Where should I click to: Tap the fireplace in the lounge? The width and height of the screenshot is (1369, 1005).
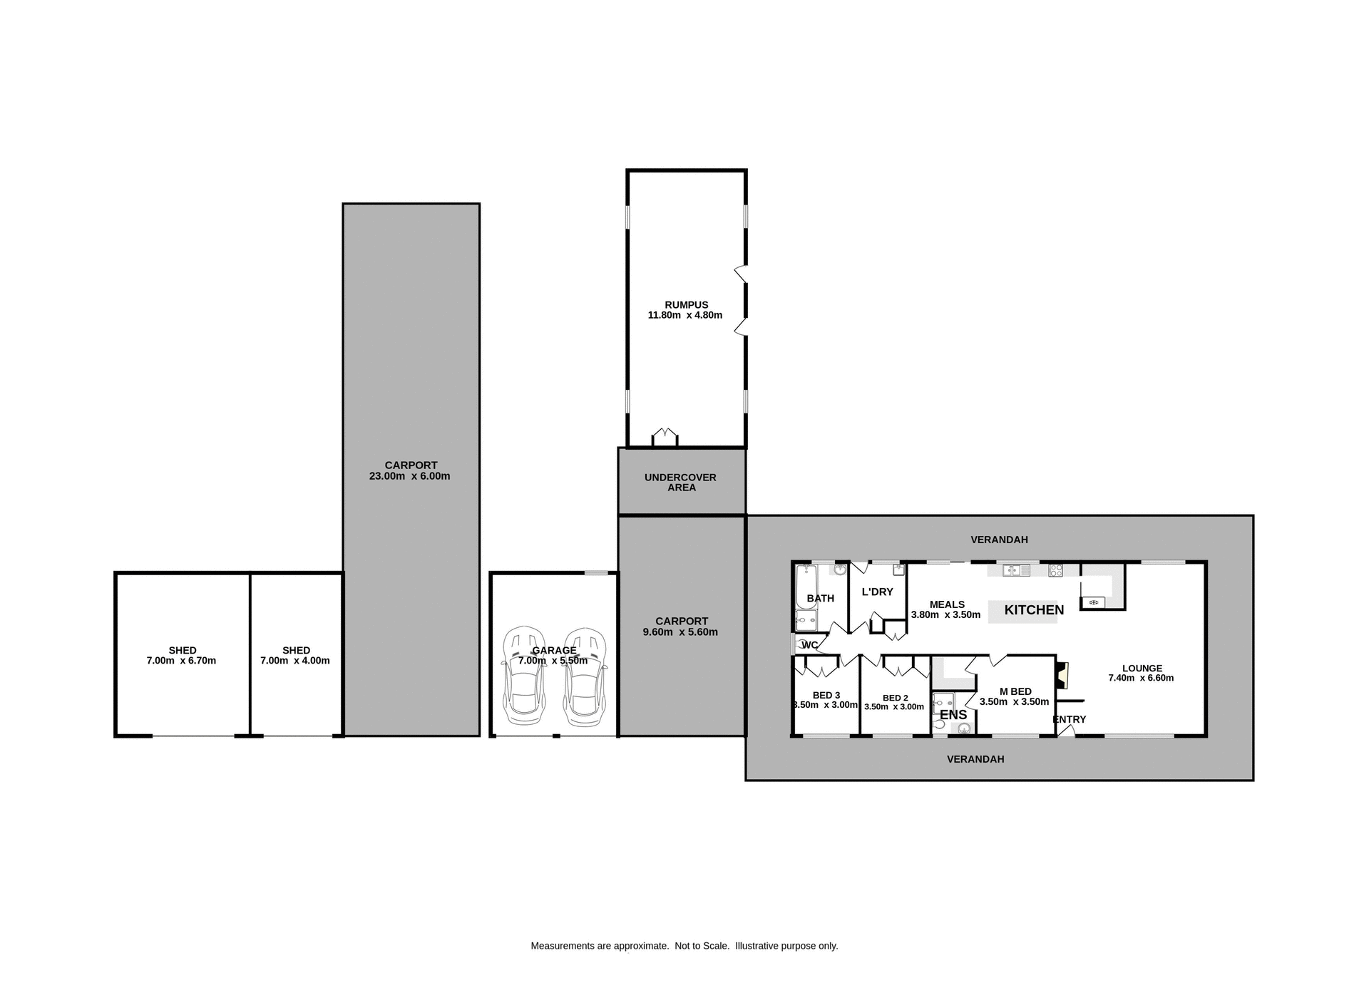(x=1063, y=674)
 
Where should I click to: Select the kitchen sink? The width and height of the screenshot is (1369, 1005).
(x=1016, y=570)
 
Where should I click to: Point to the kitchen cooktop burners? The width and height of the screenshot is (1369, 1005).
(x=1055, y=570)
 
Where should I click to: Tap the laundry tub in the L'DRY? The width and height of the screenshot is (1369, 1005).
(x=898, y=569)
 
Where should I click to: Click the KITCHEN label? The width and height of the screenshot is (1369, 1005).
(x=1034, y=610)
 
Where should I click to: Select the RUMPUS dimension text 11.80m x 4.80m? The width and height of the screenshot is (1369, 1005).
(x=684, y=315)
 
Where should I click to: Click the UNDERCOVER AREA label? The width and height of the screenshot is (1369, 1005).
(x=681, y=483)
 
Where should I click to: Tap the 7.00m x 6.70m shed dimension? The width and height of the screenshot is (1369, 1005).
(x=181, y=661)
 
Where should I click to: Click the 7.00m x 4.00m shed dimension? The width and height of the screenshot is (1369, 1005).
(x=295, y=661)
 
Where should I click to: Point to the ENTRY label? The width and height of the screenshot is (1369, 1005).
(x=1069, y=719)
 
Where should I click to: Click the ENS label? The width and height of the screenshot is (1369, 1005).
(x=953, y=715)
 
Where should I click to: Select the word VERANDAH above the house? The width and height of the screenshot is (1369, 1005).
(x=999, y=540)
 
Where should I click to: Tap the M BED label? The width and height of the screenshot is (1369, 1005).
(x=1015, y=691)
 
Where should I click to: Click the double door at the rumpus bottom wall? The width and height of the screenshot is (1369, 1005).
(x=665, y=436)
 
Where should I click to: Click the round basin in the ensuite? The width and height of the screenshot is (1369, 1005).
(x=964, y=728)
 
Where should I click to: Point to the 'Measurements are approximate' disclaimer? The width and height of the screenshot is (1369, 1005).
(x=684, y=946)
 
